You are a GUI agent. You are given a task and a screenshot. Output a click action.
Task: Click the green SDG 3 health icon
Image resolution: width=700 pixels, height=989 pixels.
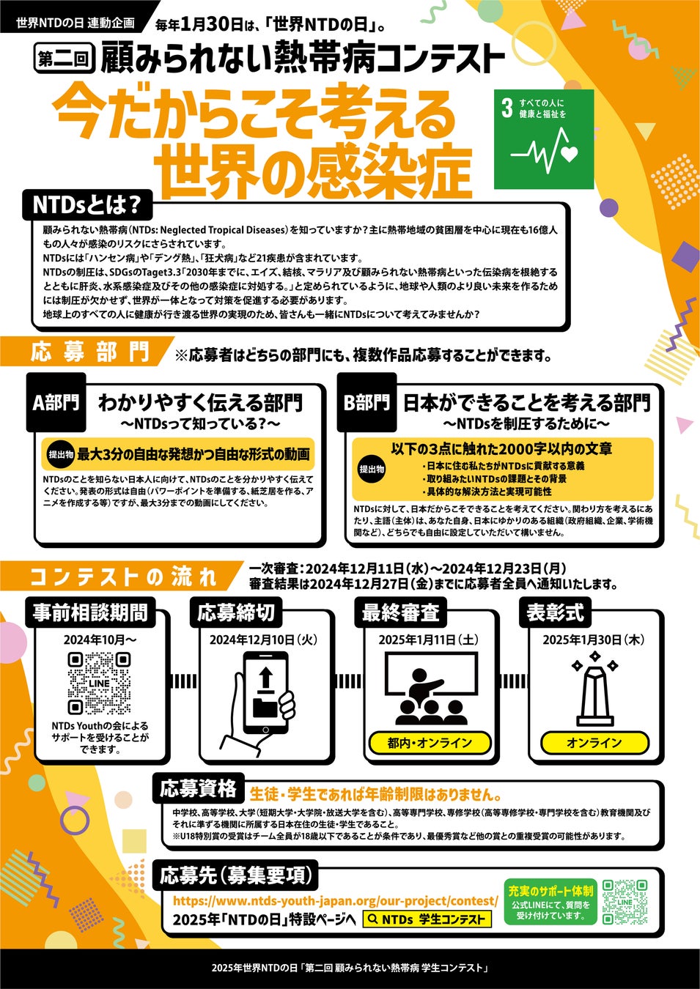pyautogui.click(x=544, y=139)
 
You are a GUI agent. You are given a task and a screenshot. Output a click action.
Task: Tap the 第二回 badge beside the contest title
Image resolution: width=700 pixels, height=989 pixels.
pyautogui.click(x=65, y=58)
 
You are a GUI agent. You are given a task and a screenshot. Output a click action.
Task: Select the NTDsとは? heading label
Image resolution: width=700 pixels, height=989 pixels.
pyautogui.click(x=87, y=205)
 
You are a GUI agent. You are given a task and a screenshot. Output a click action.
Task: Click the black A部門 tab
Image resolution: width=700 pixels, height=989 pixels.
pyautogui.click(x=56, y=402)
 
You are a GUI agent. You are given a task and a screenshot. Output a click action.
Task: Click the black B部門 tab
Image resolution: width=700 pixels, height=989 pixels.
pyautogui.click(x=367, y=402)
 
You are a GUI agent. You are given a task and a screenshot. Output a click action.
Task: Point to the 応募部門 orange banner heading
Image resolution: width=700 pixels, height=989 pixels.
pyautogui.click(x=89, y=352)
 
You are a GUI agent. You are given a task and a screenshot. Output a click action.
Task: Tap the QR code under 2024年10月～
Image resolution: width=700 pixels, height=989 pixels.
pyautogui.click(x=99, y=684)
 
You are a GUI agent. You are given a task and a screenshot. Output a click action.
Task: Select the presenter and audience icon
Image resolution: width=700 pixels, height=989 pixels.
pyautogui.click(x=431, y=689)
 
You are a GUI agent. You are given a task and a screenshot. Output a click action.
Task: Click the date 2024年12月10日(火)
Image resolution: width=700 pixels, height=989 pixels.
pyautogui.click(x=264, y=640)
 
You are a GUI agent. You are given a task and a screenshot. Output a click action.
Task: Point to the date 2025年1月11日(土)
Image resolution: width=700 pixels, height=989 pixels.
pyautogui.click(x=428, y=640)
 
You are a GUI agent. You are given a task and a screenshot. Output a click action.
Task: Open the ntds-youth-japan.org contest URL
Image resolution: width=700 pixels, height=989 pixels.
pyautogui.click(x=335, y=888)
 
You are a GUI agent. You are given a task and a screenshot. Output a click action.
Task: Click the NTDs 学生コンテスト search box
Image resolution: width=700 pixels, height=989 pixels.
pyautogui.click(x=427, y=907)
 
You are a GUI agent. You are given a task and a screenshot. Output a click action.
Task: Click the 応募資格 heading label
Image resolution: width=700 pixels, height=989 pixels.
pyautogui.click(x=199, y=788)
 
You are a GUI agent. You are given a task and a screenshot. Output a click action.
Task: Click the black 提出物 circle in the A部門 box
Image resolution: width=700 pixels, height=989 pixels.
pyautogui.click(x=61, y=454)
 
